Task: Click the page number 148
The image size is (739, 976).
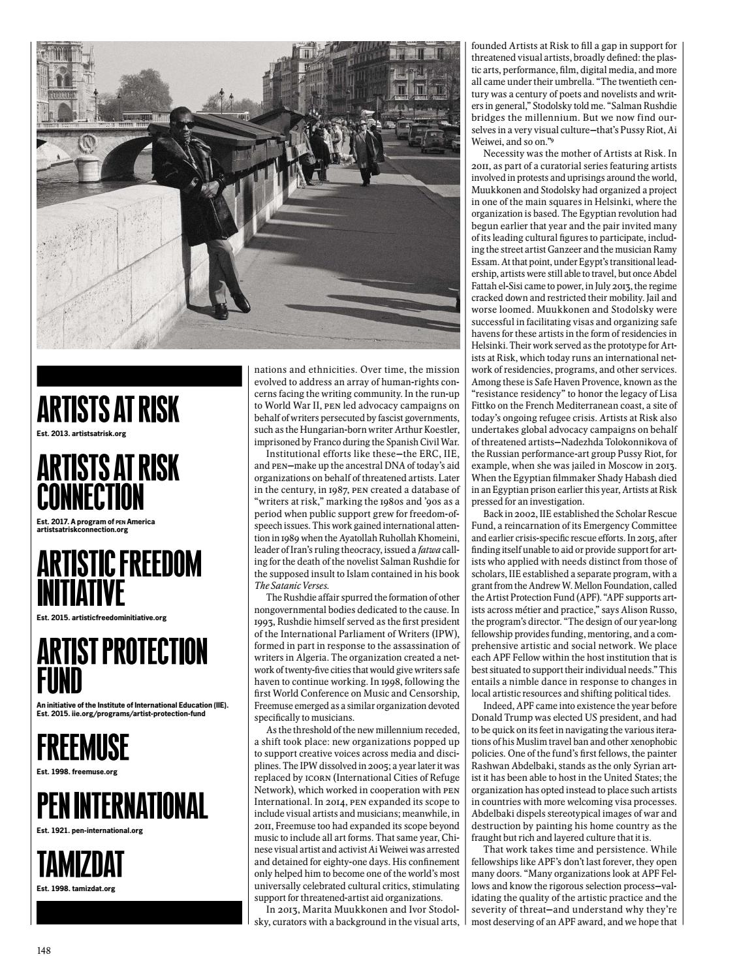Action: [x=44, y=950]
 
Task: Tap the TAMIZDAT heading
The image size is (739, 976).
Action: [x=80, y=864]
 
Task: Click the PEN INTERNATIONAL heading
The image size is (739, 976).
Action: [x=122, y=806]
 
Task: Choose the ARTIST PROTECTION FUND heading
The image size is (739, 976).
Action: [x=122, y=665]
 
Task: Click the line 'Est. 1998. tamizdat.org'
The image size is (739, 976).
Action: [x=76, y=889]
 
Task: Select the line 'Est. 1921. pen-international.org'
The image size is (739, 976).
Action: [x=90, y=830]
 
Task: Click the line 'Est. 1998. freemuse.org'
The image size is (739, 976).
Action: [x=77, y=772]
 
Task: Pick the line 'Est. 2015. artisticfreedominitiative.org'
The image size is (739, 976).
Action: [x=102, y=617]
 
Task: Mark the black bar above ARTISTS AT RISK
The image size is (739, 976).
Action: [x=139, y=376]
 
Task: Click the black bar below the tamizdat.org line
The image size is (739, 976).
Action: [x=139, y=913]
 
